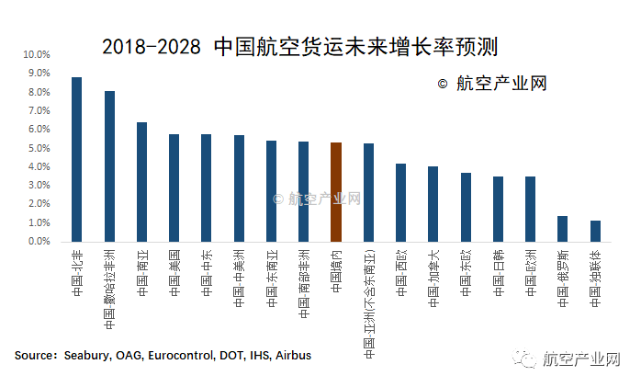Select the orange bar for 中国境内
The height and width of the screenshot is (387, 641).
coord(336,192)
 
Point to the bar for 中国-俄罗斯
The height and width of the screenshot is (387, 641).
coord(563,229)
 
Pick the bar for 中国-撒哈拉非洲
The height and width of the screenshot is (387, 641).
coord(109,166)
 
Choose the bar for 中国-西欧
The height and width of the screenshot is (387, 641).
coord(400,202)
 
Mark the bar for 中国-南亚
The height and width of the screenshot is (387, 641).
coord(141,182)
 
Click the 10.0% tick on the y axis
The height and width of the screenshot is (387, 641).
coord(38,55)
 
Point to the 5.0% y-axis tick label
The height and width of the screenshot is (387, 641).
coord(38,149)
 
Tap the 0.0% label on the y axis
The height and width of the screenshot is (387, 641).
coord(38,242)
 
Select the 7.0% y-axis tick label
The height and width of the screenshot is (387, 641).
coord(38,111)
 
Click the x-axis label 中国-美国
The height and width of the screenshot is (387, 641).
coord(174,272)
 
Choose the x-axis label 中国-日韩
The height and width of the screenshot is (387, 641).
coord(498,272)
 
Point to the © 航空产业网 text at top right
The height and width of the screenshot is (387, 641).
coord(492,84)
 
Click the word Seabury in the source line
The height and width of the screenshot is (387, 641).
coord(89,355)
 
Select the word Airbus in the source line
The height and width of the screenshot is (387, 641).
coord(291,355)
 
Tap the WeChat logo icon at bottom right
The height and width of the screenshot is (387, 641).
coord(524,357)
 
